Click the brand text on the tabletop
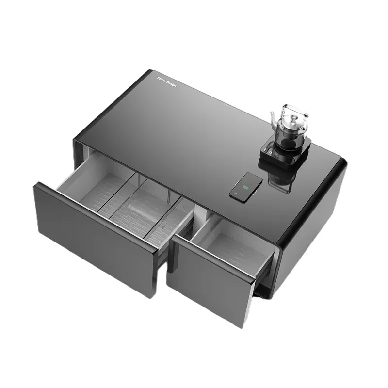click(x=167, y=81)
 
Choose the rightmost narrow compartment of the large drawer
click(x=167, y=221)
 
